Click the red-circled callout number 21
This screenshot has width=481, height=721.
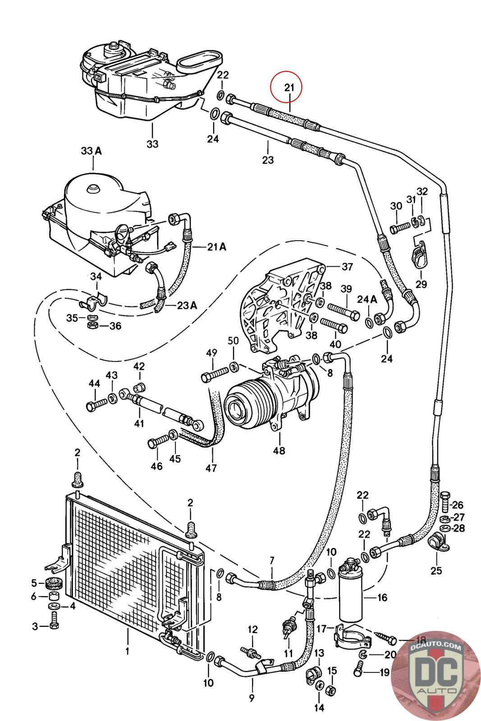coord(289,87)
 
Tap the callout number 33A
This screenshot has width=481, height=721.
coord(91,151)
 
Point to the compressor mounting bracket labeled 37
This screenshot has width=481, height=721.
coord(283,309)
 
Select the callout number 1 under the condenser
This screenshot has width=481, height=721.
coord(128,651)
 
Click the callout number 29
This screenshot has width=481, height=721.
coord(421,284)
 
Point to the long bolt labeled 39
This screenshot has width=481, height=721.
coord(344,310)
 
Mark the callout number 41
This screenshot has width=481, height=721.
coord(139,423)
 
